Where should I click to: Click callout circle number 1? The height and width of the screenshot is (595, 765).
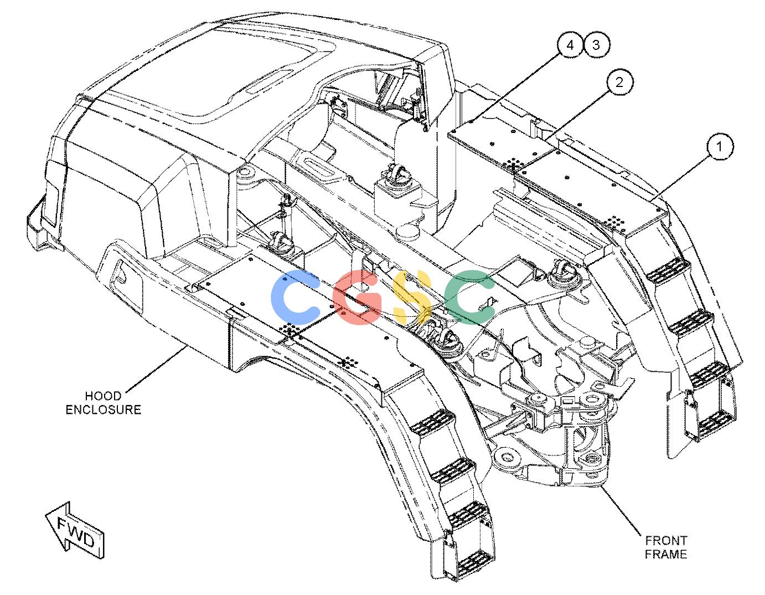pyautogui.click(x=719, y=146)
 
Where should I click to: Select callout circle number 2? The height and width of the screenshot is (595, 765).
pyautogui.click(x=619, y=82)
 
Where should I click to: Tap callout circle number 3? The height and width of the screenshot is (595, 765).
pyautogui.click(x=596, y=45)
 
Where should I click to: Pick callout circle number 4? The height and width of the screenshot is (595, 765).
pyautogui.click(x=570, y=45)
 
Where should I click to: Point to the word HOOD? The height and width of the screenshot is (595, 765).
pyautogui.click(x=103, y=396)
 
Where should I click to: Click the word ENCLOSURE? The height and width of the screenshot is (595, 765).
pyautogui.click(x=104, y=410)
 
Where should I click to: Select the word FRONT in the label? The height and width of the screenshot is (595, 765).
pyautogui.click(x=666, y=540)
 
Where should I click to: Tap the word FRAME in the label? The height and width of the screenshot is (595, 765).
pyautogui.click(x=666, y=554)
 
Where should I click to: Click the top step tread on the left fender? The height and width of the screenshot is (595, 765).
pyautogui.click(x=432, y=423)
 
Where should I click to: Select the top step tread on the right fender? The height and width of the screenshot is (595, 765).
pyautogui.click(x=668, y=270)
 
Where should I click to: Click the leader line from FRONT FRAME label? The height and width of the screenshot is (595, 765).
pyautogui.click(x=621, y=511)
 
